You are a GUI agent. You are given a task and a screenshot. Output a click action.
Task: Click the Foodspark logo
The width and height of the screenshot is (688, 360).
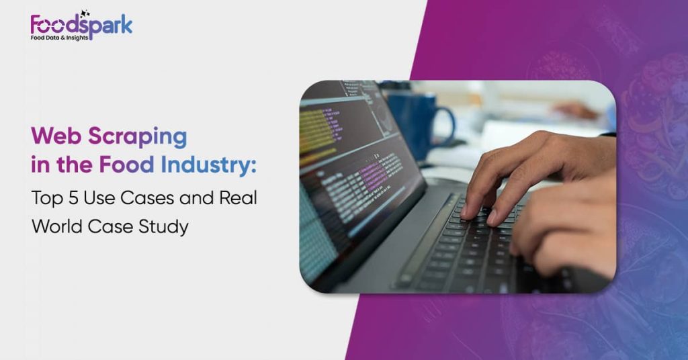tap(81, 26)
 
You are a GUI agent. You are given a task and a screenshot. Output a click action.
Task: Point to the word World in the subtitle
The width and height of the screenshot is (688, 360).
tap(57, 226)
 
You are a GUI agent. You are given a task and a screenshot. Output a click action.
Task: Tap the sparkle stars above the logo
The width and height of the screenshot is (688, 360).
tap(85, 13)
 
